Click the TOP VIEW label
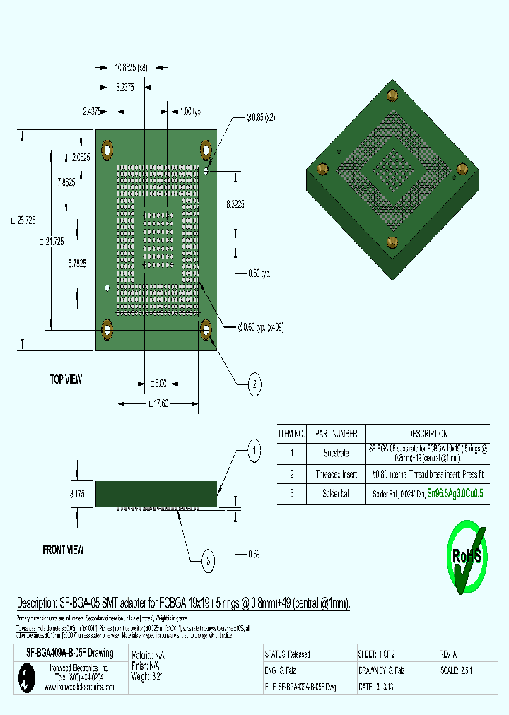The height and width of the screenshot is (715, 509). (x=66, y=379)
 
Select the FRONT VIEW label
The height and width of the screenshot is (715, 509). (x=63, y=549)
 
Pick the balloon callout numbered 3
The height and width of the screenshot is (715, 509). (x=208, y=561)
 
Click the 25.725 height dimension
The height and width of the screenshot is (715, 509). (x=23, y=220)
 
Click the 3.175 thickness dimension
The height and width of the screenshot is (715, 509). (x=77, y=495)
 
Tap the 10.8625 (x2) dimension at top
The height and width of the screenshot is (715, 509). (x=131, y=68)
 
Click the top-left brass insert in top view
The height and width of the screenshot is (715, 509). (x=107, y=150)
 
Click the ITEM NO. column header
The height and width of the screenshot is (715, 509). (x=291, y=433)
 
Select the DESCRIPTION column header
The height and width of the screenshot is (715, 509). (x=427, y=433)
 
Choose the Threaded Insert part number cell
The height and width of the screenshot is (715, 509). (x=336, y=474)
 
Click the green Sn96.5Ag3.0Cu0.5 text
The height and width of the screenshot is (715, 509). (x=455, y=495)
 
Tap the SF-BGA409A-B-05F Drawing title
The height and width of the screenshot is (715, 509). (x=65, y=654)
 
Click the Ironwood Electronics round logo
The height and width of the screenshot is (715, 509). (x=25, y=680)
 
